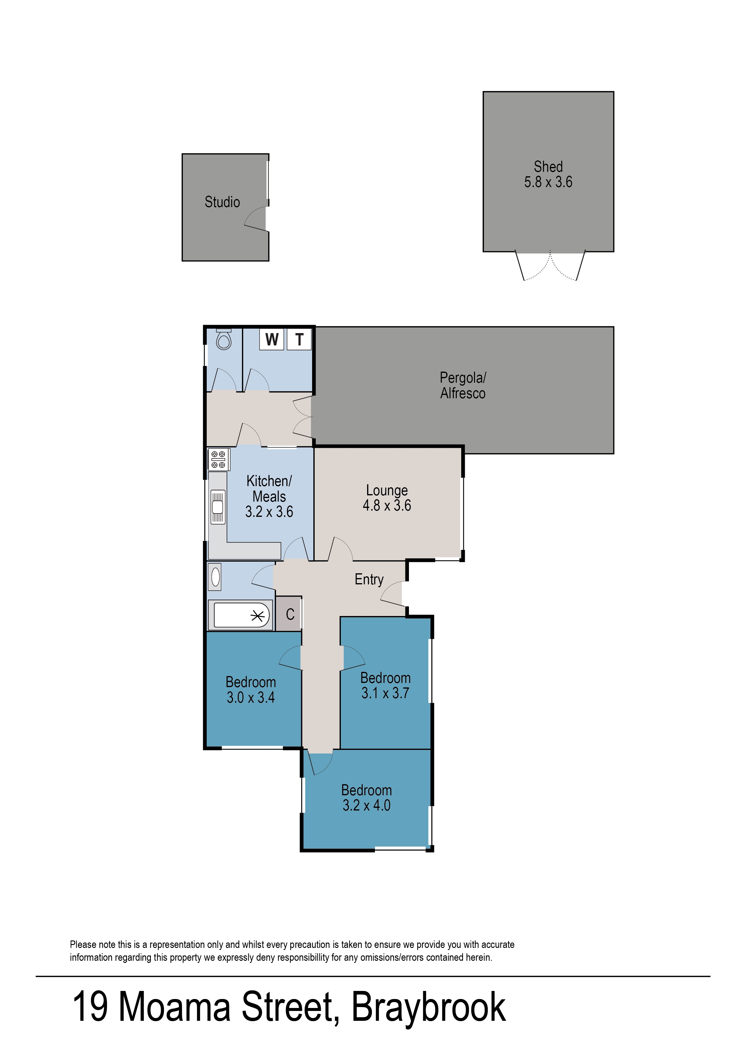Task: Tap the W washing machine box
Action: [x=272, y=339]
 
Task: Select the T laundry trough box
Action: [x=299, y=339]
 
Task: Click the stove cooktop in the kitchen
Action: [x=218, y=459]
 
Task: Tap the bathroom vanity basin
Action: [x=215, y=577]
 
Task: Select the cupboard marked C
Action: [x=290, y=614]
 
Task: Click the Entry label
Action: [x=369, y=579]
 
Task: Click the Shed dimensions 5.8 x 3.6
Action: [x=548, y=182]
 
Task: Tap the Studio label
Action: [x=222, y=202]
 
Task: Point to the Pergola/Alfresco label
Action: [x=463, y=385]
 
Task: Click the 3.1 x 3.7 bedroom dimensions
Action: [x=385, y=693]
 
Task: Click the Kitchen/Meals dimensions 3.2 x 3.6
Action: [x=269, y=512]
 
